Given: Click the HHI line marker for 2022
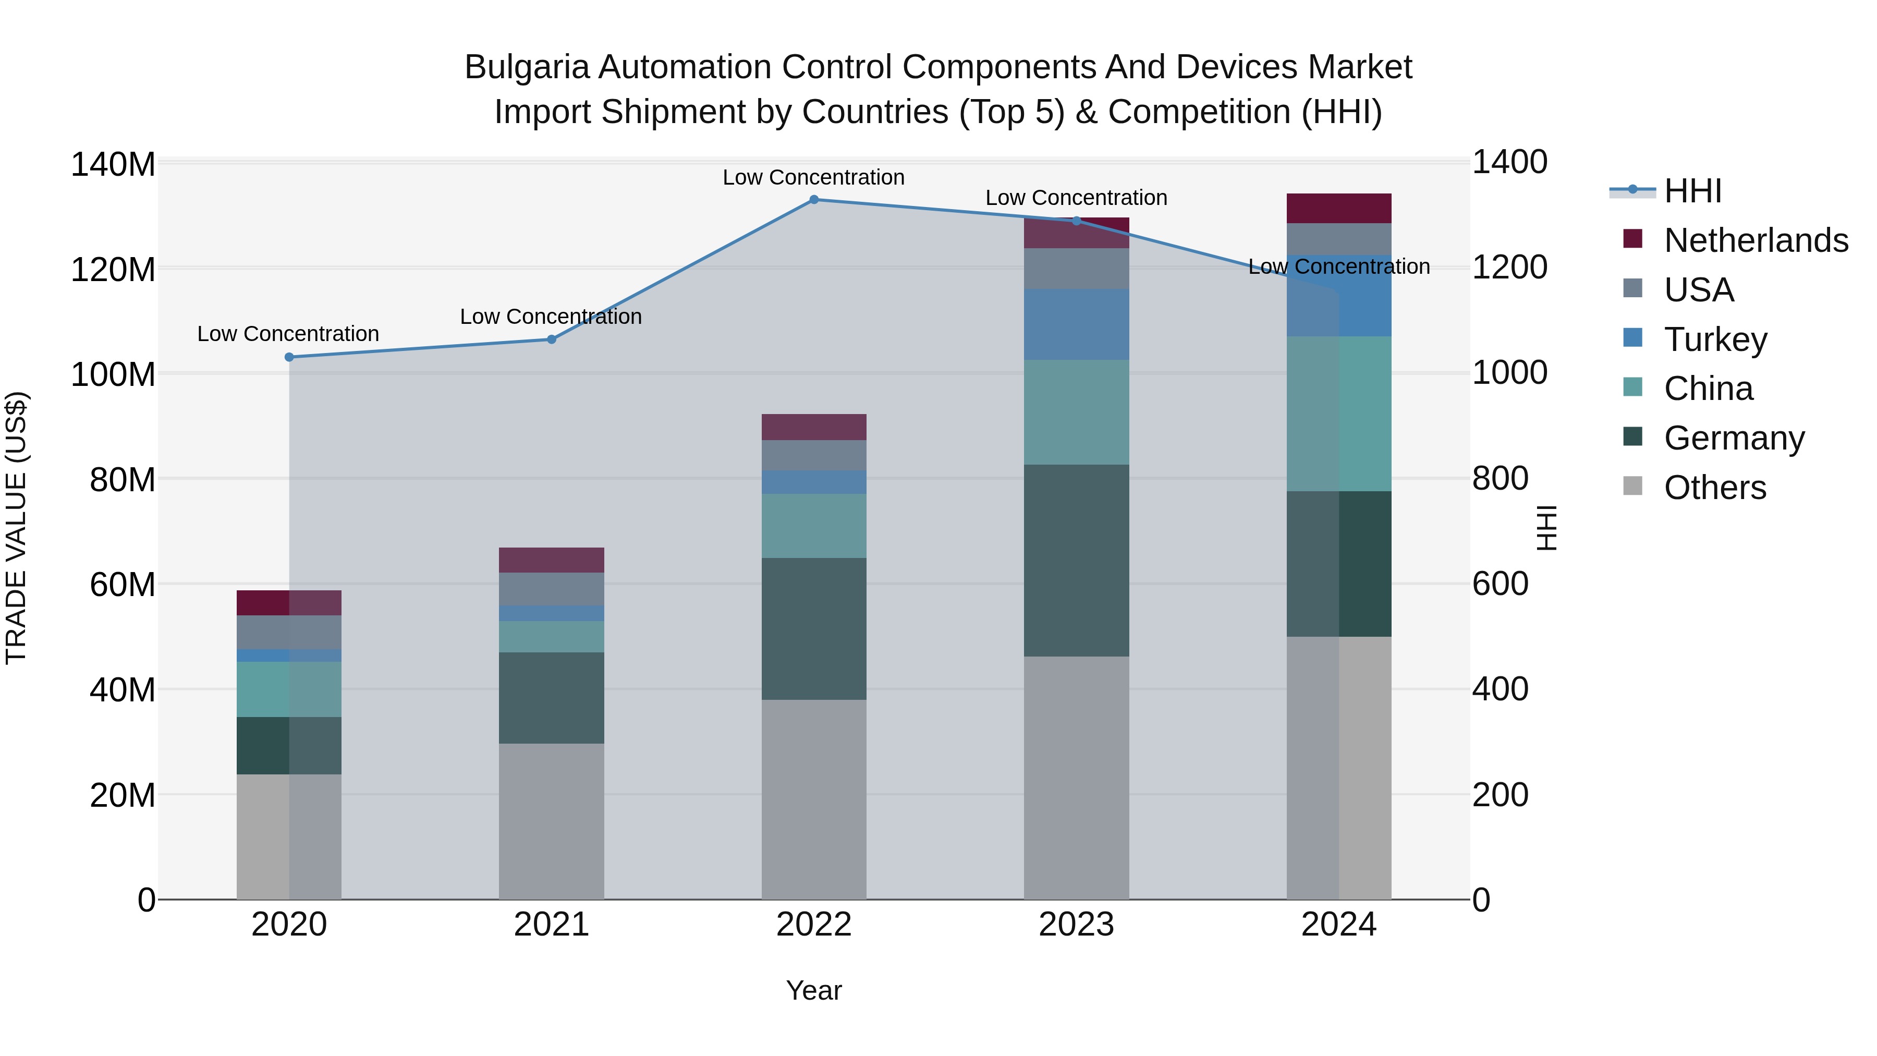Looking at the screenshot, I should tap(814, 200).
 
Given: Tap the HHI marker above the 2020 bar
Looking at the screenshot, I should tap(289, 357).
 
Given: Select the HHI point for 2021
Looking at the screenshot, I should tap(552, 339).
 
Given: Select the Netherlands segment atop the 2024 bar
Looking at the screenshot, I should tap(1338, 209).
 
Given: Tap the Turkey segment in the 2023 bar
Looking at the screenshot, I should tap(1076, 324).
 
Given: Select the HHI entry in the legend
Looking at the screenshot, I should tap(1692, 191).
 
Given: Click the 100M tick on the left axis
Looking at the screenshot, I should tap(113, 374).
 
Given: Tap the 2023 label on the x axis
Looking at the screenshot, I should tap(1076, 925).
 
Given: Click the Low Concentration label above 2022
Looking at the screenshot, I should tap(813, 177).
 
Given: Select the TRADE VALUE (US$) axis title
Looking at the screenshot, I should tap(16, 528).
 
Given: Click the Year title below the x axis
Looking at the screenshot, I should tap(814, 990).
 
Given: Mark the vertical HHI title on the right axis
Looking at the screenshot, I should tap(1546, 528).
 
